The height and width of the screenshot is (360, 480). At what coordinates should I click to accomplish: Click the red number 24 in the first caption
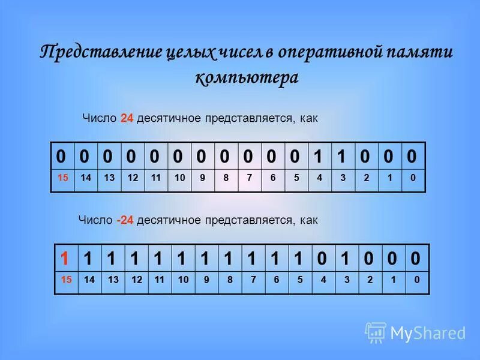127,118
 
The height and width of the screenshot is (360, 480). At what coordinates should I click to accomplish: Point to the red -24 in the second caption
125,220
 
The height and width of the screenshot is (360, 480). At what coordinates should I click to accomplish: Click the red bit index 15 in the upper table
62,178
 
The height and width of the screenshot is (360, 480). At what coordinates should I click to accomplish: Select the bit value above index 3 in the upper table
342,156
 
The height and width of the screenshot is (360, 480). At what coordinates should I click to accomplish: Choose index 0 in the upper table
412,178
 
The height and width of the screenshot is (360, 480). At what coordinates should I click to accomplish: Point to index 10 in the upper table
179,178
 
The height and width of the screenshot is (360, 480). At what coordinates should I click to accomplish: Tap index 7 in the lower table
253,280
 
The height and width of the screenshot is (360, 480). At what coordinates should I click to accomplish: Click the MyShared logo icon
376,332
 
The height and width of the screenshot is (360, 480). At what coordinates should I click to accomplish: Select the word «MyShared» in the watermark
428,333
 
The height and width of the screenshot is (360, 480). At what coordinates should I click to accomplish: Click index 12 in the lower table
136,280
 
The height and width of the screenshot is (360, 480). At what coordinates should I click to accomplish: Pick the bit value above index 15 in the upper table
61,156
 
